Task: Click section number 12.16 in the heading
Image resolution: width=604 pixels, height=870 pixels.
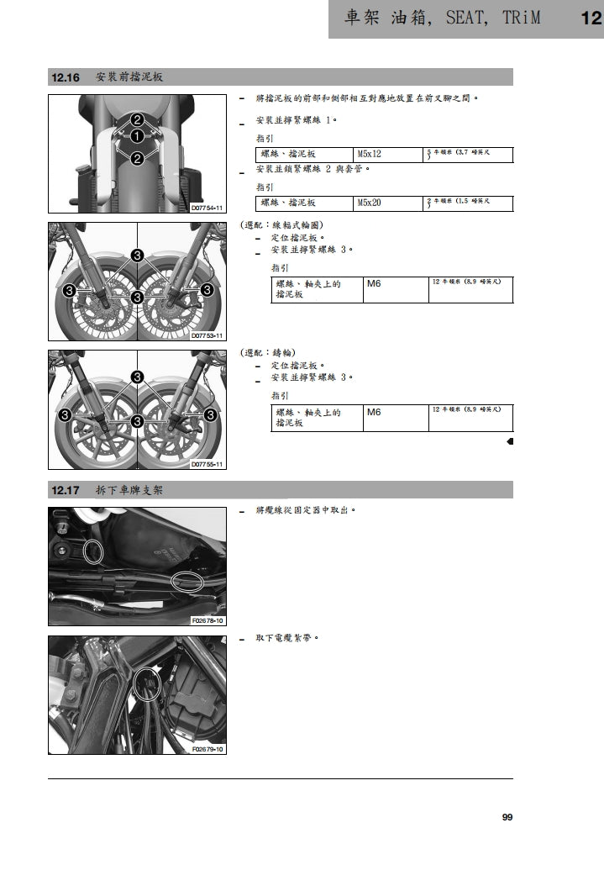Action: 66,77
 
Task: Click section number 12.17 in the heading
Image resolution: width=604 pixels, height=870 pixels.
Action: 66,490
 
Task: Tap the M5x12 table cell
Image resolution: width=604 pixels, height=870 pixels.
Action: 370,155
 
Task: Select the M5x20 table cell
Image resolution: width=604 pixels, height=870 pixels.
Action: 370,203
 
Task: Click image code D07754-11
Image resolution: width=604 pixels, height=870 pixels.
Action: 207,207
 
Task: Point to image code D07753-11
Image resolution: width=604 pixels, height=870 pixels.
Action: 207,335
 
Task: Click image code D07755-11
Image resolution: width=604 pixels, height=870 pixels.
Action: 207,464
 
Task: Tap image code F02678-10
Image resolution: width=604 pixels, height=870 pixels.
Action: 207,620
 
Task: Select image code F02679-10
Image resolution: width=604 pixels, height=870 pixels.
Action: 207,749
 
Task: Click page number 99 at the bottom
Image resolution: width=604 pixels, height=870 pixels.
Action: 507,817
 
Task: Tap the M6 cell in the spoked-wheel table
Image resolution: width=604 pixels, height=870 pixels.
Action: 374,284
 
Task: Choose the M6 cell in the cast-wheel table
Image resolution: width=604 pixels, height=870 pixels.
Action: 374,413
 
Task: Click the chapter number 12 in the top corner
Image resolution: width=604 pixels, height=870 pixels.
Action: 591,18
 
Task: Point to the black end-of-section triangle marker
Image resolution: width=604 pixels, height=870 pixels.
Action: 510,441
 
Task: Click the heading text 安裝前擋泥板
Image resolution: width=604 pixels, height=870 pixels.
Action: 129,77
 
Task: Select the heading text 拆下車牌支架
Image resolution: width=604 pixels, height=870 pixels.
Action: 129,490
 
